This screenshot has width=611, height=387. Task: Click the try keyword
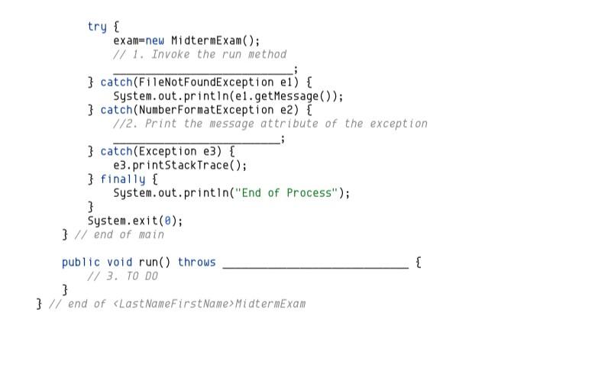[x=97, y=27]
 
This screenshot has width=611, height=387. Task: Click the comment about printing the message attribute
[x=270, y=124]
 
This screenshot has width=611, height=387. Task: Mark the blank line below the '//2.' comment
[x=196, y=139]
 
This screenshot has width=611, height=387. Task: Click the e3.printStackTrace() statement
[x=180, y=165]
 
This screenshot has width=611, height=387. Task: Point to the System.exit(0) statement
[x=135, y=221]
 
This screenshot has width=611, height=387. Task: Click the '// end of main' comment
[x=119, y=234]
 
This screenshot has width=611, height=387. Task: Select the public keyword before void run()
[x=81, y=263]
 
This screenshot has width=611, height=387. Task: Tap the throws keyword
[x=197, y=263]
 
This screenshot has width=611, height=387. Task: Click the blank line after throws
[x=315, y=264]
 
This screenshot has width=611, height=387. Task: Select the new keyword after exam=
[x=155, y=40]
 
